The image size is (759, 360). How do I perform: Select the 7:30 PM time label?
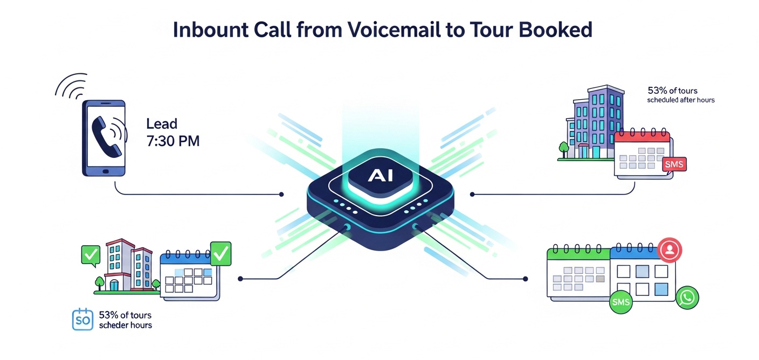(173, 142)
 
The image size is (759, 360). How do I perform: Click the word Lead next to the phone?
(162, 123)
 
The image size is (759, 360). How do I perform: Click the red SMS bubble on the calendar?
(674, 164)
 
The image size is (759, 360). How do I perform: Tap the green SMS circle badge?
(620, 302)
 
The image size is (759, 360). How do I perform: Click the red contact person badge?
(670, 250)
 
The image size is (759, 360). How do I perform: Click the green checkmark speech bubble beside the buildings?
(89, 254)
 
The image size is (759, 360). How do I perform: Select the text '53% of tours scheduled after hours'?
(680, 95)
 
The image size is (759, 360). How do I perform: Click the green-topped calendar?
(577, 272)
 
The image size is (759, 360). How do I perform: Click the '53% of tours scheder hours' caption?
(125, 320)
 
